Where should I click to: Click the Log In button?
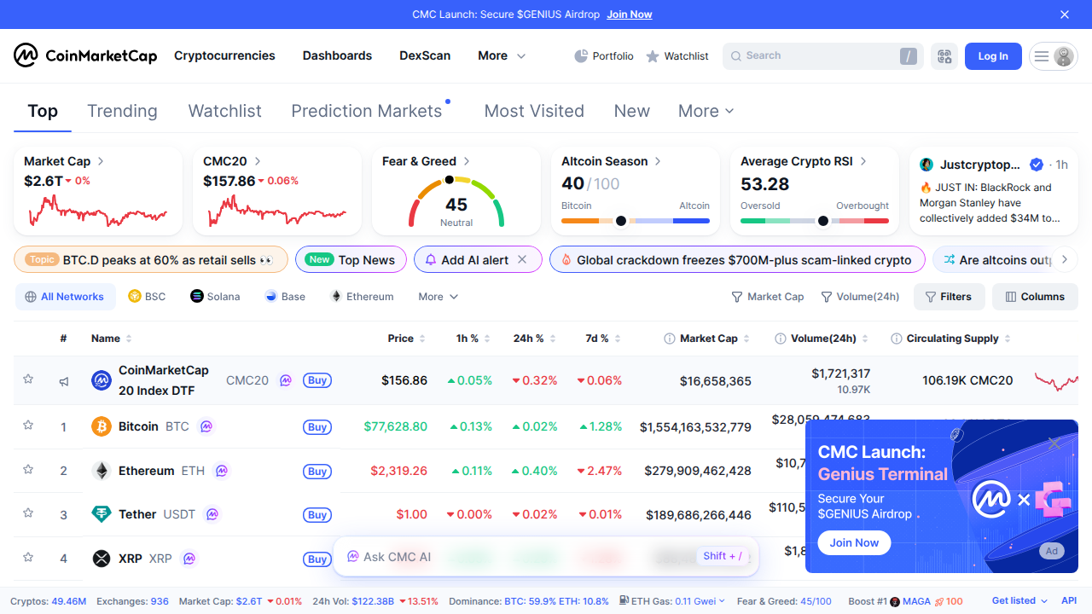(x=992, y=56)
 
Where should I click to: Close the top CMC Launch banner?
(x=1065, y=14)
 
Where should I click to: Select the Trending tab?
(x=122, y=111)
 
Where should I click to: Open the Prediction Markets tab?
(x=366, y=111)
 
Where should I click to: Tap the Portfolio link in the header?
(x=604, y=56)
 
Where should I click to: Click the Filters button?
(x=949, y=297)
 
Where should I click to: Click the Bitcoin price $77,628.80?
(x=395, y=426)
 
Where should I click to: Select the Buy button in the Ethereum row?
(x=317, y=472)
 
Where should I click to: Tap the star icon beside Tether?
(x=28, y=513)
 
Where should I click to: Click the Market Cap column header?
(x=708, y=339)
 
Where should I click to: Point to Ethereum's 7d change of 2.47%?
(x=600, y=471)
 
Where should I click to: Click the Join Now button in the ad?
(x=854, y=543)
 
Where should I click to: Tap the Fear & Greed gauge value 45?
(x=456, y=205)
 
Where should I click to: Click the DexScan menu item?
(x=425, y=56)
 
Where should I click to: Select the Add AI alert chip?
(x=474, y=260)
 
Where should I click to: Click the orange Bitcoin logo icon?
(x=102, y=426)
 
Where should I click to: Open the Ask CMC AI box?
(x=397, y=557)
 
